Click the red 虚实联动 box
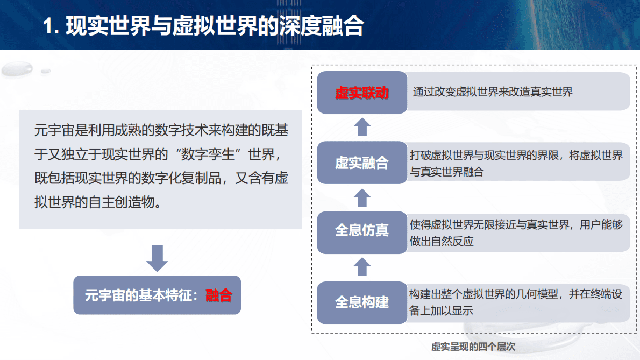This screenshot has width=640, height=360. (x=362, y=93)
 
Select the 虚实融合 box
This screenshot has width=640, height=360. (x=362, y=163)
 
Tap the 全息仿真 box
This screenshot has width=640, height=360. (x=362, y=231)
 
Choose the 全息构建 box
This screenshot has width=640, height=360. (x=362, y=302)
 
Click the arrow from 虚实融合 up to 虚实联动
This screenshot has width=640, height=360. (x=362, y=127)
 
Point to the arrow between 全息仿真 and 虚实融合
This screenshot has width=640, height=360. (x=362, y=197)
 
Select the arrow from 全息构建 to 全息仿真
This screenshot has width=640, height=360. (x=362, y=266)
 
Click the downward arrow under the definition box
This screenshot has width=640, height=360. (x=157, y=257)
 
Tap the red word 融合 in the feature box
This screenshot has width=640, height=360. (x=218, y=295)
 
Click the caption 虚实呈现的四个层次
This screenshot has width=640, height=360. (x=473, y=347)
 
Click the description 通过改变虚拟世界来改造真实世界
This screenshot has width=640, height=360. (x=493, y=92)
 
